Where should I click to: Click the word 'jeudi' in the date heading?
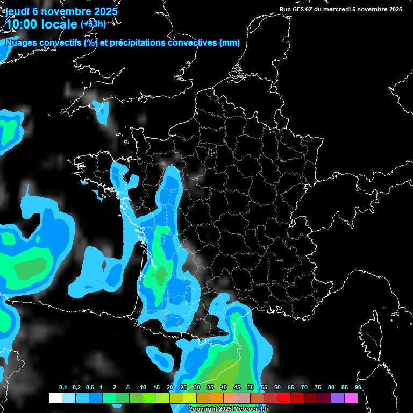point(18,11)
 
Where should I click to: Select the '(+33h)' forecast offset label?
point(93,24)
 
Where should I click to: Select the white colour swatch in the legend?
point(55,398)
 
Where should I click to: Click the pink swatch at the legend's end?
point(351,398)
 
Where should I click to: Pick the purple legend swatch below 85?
point(338,398)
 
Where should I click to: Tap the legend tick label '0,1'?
point(63,388)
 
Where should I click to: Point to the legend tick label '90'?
point(358,388)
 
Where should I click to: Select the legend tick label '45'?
point(237,388)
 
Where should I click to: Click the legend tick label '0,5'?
point(90,388)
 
